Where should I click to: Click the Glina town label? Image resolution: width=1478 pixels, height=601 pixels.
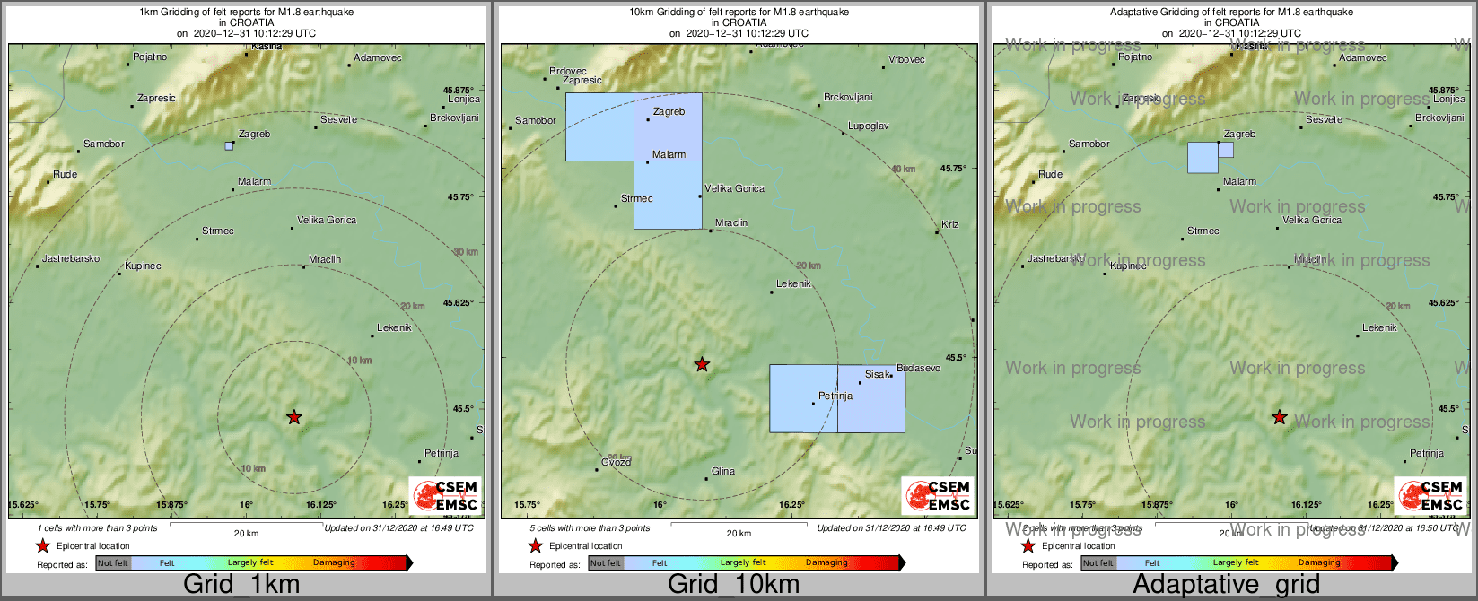point(722,471)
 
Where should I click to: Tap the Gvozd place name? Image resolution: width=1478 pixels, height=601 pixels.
point(616,461)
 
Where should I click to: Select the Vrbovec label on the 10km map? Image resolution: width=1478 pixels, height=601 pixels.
point(906,60)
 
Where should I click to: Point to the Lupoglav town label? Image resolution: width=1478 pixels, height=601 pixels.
point(868,126)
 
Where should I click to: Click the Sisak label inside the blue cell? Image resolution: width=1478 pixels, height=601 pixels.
point(878,374)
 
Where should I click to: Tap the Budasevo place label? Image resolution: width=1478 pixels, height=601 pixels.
point(918,368)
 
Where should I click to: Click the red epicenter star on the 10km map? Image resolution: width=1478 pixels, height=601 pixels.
point(702,364)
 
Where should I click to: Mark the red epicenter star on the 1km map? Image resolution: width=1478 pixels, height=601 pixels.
point(293,417)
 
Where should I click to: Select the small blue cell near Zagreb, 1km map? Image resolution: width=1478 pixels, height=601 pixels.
point(229,145)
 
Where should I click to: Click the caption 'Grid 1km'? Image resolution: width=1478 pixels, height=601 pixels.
point(241,585)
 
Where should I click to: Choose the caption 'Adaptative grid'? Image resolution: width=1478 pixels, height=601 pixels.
point(1226,585)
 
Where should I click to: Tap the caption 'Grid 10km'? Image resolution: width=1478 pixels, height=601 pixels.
point(733,585)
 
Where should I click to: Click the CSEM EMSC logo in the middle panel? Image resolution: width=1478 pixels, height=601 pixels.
point(938,495)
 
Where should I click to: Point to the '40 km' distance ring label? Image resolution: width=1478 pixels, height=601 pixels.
point(903,169)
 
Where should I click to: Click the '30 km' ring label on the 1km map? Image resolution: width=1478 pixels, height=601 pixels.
point(466,252)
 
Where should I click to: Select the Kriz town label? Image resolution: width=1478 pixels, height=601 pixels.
point(949,224)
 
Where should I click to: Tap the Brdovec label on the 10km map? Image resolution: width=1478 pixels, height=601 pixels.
point(567,71)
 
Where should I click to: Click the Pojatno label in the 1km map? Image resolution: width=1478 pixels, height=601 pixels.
point(150,57)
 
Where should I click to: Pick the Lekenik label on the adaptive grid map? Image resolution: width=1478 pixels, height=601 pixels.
point(1379,327)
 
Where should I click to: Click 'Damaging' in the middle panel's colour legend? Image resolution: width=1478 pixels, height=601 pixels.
point(826,562)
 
